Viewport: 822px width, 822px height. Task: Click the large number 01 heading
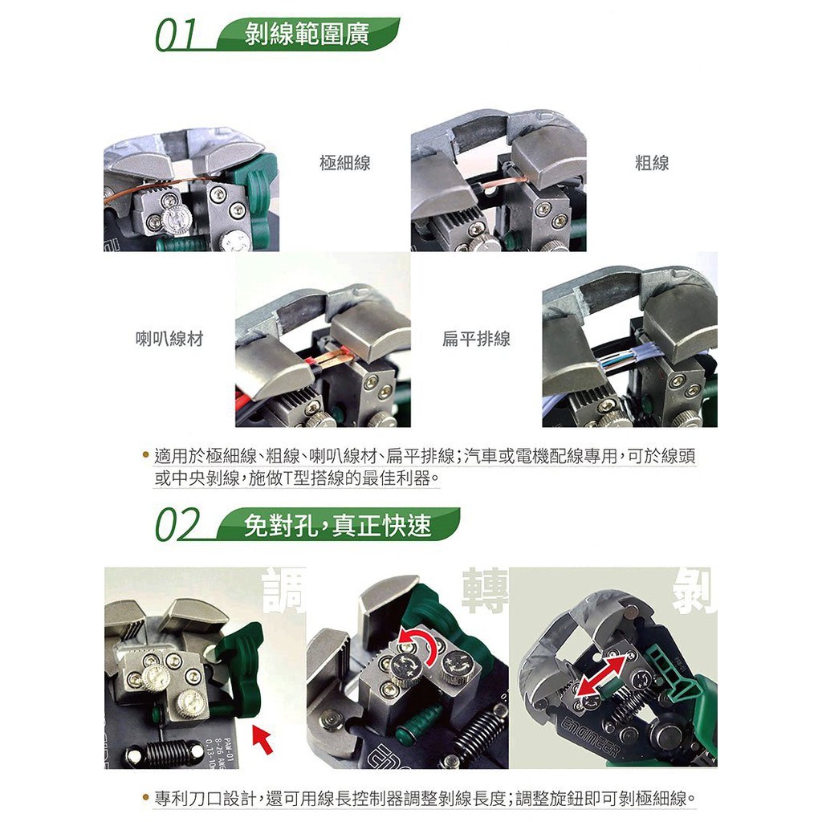click(176, 35)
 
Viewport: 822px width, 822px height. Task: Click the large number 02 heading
click(178, 525)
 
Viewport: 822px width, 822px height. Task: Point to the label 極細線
click(345, 163)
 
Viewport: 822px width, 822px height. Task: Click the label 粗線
click(652, 163)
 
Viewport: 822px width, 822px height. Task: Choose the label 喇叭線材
click(169, 339)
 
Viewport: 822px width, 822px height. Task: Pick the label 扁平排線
click(476, 339)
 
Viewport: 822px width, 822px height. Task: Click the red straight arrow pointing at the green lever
click(263, 737)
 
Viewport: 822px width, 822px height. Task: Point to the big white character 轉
click(486, 591)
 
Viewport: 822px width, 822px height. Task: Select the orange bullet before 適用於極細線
click(146, 454)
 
